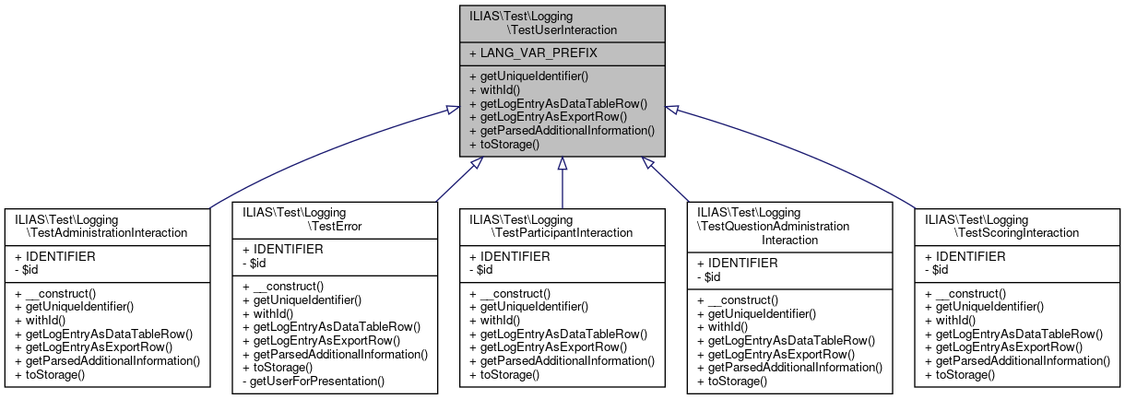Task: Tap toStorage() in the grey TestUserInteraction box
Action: (504, 145)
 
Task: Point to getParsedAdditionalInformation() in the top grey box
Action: (562, 131)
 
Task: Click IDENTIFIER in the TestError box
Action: (283, 249)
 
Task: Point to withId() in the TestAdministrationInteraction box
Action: (38, 320)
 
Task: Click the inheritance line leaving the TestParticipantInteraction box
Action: (562, 189)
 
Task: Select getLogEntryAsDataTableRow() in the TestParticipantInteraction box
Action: (558, 334)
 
